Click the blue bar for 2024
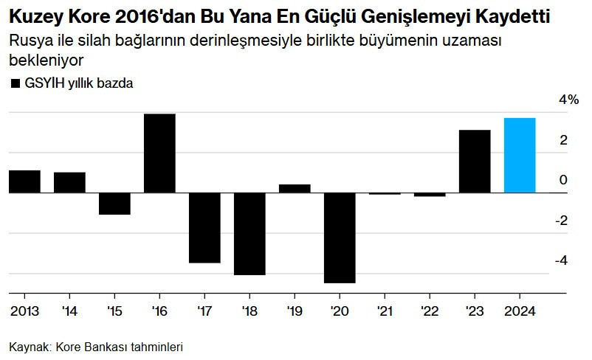click(520, 155)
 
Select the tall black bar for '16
click(159, 153)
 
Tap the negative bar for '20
click(340, 238)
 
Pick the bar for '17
click(204, 227)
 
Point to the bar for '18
click(249, 233)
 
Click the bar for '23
click(475, 161)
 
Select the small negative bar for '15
click(114, 204)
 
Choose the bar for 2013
click(24, 181)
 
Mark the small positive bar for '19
click(295, 188)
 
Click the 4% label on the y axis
click(568, 100)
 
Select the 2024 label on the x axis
click(520, 310)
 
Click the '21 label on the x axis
click(385, 310)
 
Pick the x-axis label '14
click(69, 310)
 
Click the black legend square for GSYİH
click(15, 83)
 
